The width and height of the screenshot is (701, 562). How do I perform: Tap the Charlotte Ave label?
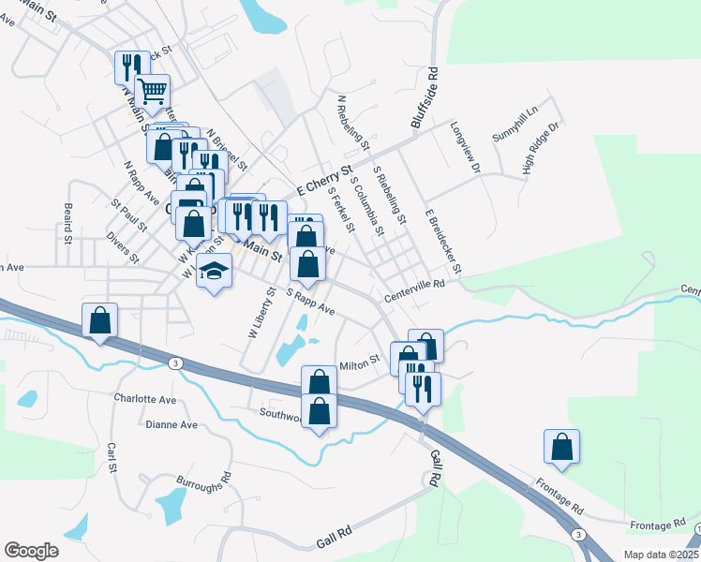point(145,399)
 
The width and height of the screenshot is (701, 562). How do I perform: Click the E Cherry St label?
point(323,179)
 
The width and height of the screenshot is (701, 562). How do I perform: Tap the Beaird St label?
point(67,224)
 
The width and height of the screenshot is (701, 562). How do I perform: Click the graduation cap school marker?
point(215,272)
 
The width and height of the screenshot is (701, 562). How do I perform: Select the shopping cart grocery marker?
point(152,92)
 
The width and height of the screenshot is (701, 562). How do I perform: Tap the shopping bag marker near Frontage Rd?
point(561,447)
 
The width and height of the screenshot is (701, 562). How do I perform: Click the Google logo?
point(31,551)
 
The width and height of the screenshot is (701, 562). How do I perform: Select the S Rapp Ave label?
point(310,301)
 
